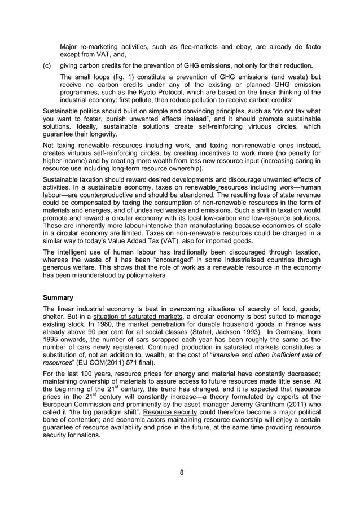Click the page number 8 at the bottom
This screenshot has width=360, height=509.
[x=181, y=472]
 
